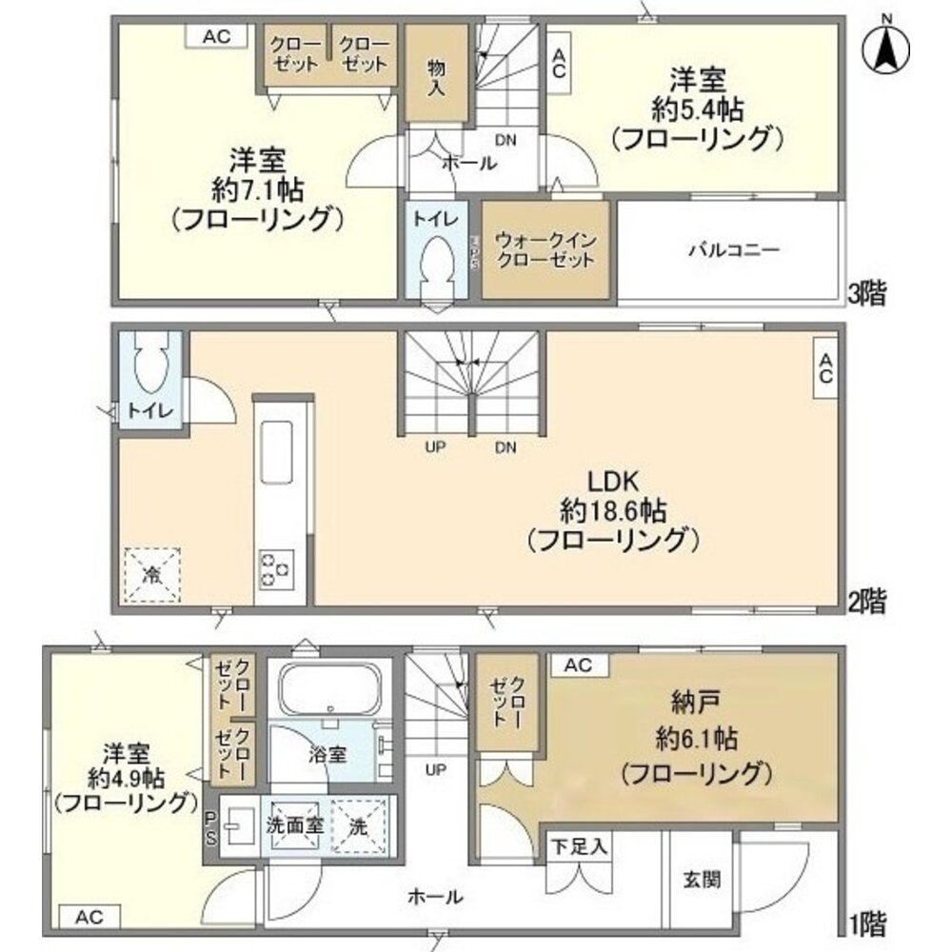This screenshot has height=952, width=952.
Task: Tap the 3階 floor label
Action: pos(866,294)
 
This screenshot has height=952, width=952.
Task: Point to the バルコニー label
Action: pos(734,251)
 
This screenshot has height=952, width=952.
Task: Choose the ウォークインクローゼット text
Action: pos(545,249)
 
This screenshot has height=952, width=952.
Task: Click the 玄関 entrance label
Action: pos(702,879)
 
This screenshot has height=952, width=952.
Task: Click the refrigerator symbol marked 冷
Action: pos(151,575)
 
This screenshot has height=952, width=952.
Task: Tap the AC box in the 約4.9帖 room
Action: pos(89,917)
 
